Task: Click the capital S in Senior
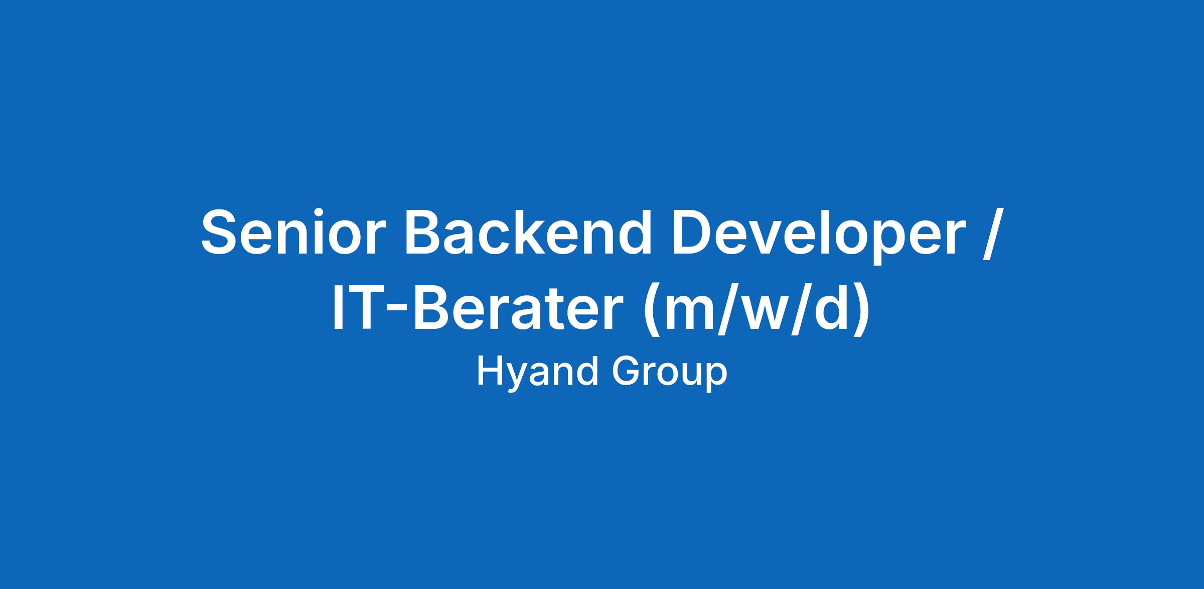pyautogui.click(x=221, y=231)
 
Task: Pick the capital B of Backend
pyautogui.click(x=426, y=231)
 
